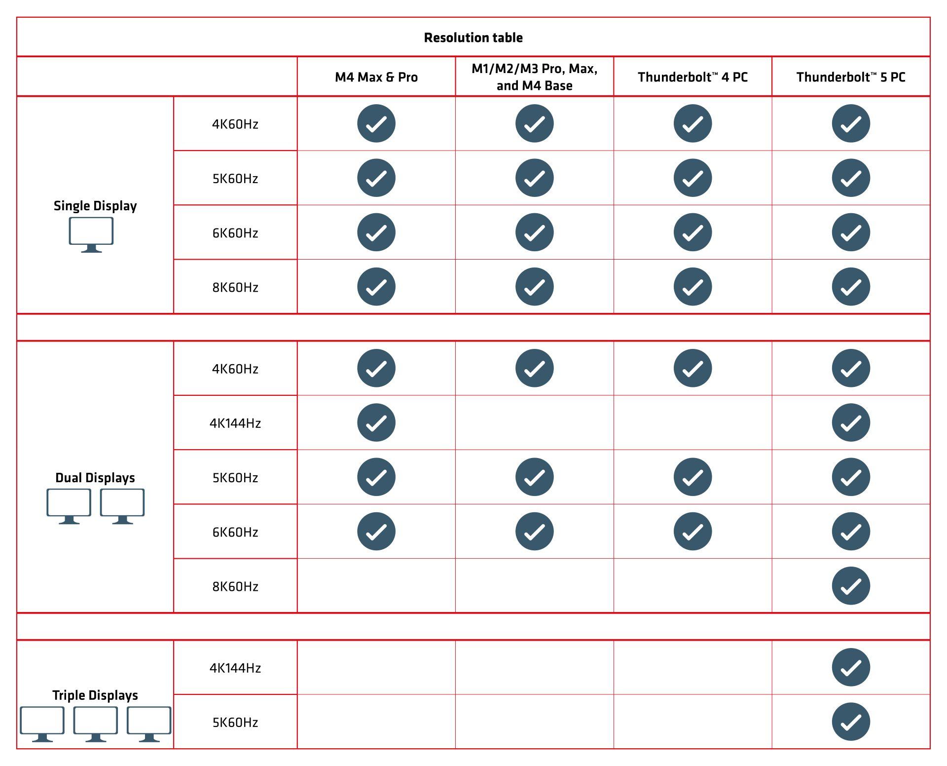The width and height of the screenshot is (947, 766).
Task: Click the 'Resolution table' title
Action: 473,38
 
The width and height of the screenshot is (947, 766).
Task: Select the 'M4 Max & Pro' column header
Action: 376,77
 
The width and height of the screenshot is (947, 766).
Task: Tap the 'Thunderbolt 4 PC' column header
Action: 692,77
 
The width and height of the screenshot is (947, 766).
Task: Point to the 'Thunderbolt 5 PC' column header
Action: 851,77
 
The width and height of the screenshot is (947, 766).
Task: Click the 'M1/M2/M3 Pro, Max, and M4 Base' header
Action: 535,77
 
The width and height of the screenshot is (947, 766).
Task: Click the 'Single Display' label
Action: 95,206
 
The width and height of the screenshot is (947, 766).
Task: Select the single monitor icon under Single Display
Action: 91,235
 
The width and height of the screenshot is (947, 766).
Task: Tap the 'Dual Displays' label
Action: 95,478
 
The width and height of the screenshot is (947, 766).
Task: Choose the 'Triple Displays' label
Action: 95,695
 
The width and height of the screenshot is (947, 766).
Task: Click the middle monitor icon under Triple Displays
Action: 96,724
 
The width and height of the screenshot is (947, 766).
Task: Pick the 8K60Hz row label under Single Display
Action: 235,287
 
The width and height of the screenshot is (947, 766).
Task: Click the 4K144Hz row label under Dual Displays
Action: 235,423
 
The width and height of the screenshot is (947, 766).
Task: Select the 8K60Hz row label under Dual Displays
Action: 235,586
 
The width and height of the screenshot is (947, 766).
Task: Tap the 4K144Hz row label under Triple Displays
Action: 235,668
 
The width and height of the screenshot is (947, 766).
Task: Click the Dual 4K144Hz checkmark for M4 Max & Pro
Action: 376,422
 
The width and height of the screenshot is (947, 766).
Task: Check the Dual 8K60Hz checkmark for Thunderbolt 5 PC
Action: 851,586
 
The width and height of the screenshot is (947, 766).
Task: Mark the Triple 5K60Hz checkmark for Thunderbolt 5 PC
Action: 851,722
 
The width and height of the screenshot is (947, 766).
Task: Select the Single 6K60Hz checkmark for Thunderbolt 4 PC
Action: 692,232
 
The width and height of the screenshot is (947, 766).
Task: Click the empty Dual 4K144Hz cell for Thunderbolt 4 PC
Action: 692,422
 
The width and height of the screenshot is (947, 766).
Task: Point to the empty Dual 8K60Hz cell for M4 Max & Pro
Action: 376,586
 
